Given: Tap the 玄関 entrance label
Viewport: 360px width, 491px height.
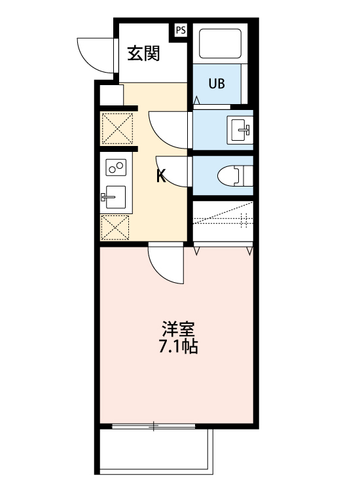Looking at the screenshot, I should [143, 54].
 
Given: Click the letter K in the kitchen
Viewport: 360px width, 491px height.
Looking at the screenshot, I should [160, 175].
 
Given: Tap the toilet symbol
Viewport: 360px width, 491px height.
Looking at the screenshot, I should [233, 175].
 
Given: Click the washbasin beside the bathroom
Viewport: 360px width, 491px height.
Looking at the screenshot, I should [240, 128].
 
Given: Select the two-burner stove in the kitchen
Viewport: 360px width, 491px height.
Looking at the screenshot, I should [116, 168].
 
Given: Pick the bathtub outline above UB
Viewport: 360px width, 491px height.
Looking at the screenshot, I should [221, 44].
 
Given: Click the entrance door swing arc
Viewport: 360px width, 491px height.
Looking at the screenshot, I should [92, 52].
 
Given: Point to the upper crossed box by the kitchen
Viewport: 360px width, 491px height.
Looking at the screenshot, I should [117, 128].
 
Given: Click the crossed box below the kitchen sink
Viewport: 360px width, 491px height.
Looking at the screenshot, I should [116, 227].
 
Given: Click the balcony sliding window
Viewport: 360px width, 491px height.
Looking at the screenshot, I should [154, 427].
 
